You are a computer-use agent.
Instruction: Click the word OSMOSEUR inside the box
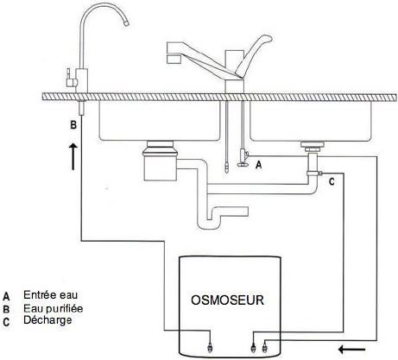(x=227, y=300)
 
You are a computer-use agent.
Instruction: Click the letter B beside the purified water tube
(x=73, y=125)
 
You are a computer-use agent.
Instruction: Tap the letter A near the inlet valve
(x=259, y=165)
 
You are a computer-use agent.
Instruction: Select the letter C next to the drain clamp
(x=332, y=182)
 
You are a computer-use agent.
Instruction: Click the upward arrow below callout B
(x=73, y=156)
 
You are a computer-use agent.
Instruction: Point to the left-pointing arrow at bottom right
(x=352, y=350)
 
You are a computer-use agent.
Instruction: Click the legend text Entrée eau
(x=51, y=295)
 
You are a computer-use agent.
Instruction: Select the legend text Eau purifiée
(x=54, y=308)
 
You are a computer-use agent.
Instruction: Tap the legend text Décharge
(x=47, y=320)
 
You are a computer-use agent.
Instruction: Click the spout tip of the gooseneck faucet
(x=126, y=23)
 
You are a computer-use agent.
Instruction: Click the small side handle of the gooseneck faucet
(x=69, y=79)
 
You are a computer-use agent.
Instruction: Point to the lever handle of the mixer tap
(x=253, y=55)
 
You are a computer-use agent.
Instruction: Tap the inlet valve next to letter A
(x=243, y=157)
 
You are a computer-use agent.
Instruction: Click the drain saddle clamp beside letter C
(x=314, y=174)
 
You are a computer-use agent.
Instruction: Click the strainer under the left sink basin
(x=160, y=161)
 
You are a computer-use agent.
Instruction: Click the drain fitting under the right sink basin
(x=313, y=147)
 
